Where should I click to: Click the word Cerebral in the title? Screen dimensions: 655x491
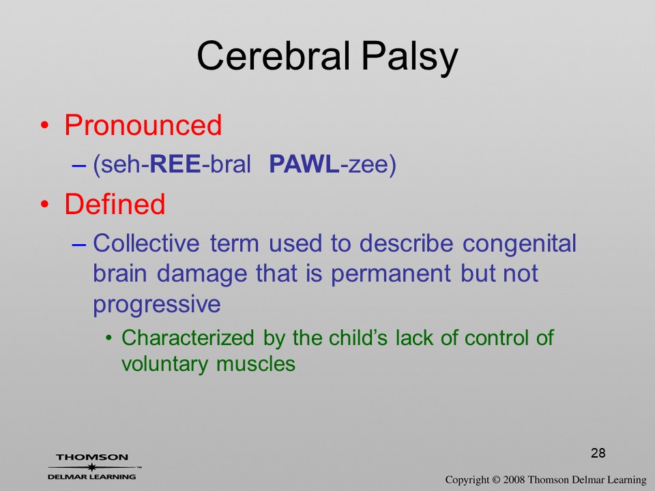273,55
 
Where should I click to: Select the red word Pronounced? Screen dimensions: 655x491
143,125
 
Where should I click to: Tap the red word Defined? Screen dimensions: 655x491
115,204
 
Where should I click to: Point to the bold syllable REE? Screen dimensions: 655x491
175,164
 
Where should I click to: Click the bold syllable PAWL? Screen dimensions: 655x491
304,164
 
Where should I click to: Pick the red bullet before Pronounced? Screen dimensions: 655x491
45,125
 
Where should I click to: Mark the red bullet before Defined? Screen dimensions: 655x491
45,205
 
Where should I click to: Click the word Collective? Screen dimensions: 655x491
146,243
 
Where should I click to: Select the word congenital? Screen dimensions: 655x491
519,245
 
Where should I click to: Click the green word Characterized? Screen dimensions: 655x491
188,338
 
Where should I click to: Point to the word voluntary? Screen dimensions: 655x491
164,365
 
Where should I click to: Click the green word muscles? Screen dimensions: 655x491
256,363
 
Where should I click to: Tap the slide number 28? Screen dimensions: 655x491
598,453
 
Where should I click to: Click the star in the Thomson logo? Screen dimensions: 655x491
92,467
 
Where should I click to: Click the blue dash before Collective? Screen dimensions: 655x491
79,244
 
